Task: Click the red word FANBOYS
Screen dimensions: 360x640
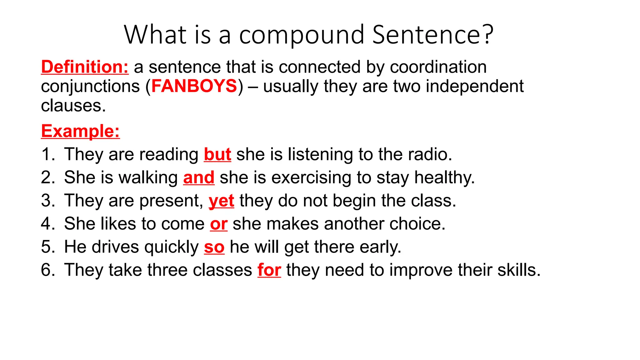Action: (x=194, y=86)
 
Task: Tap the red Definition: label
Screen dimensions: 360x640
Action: (x=85, y=67)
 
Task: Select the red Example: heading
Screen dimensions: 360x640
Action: (x=80, y=131)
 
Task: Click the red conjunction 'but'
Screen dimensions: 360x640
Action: (x=217, y=154)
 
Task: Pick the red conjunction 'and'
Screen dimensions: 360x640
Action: (x=199, y=177)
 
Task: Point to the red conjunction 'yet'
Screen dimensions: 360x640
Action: (x=221, y=201)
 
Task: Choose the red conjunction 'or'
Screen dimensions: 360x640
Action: (x=218, y=224)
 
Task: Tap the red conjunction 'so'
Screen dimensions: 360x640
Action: (x=214, y=247)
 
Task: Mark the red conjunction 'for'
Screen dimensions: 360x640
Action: (x=269, y=270)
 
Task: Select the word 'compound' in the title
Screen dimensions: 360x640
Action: (x=302, y=35)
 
